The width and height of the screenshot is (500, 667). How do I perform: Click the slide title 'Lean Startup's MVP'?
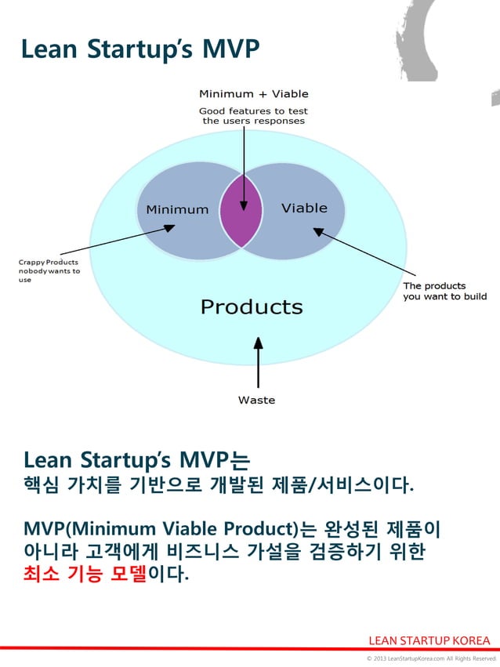tap(139, 49)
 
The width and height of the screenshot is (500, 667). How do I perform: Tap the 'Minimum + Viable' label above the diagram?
tap(253, 94)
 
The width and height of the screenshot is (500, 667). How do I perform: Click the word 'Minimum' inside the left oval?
tap(177, 209)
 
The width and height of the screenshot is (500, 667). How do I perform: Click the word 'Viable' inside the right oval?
tap(304, 208)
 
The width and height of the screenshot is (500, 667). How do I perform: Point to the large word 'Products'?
tap(252, 306)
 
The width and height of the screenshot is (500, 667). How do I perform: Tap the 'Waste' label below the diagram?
tap(256, 401)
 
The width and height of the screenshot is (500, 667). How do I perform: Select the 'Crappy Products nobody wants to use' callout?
tap(49, 270)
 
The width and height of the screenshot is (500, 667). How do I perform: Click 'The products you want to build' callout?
tap(444, 291)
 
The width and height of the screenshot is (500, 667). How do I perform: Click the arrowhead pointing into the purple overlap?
tap(244, 205)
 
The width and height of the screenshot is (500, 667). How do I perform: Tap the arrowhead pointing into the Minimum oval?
tap(169, 228)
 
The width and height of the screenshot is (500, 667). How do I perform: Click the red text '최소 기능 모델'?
tap(85, 575)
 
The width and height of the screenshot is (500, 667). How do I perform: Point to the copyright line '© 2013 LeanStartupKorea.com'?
tap(431, 659)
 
